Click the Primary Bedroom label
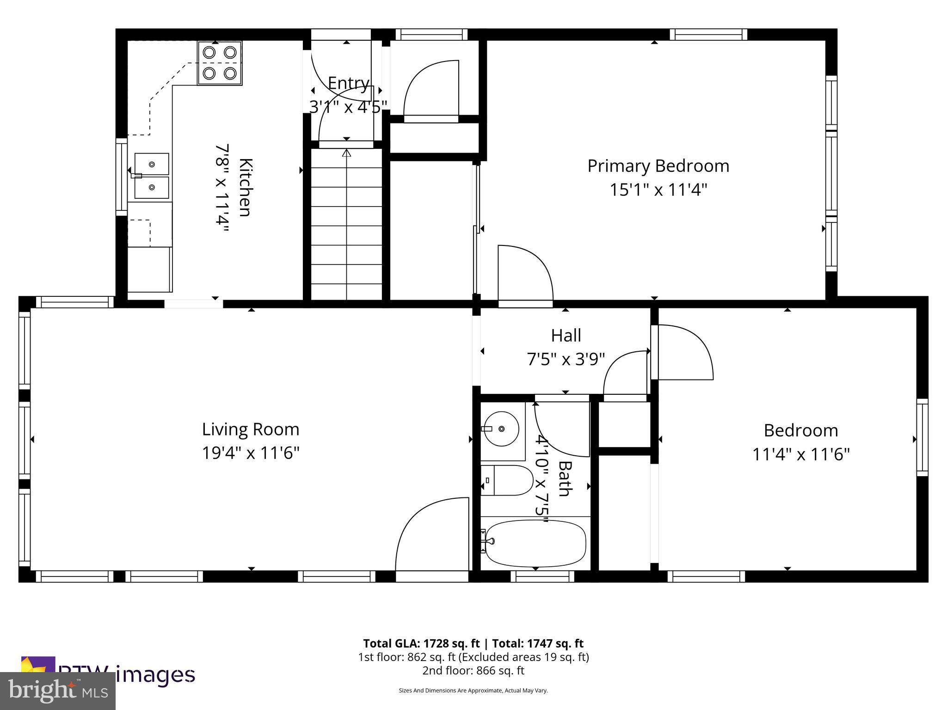click(658, 166)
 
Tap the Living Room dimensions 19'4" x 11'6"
click(251, 453)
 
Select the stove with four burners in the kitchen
click(220, 63)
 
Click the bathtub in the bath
click(536, 543)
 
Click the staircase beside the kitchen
click(346, 224)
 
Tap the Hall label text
click(566, 336)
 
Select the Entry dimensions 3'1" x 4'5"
click(348, 107)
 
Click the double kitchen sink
click(152, 176)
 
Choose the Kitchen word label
click(246, 187)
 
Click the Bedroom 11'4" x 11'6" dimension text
click(801, 454)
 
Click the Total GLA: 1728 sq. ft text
click(422, 643)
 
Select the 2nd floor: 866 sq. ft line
click(473, 670)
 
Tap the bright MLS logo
click(58, 691)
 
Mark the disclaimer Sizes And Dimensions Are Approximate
click(473, 691)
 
